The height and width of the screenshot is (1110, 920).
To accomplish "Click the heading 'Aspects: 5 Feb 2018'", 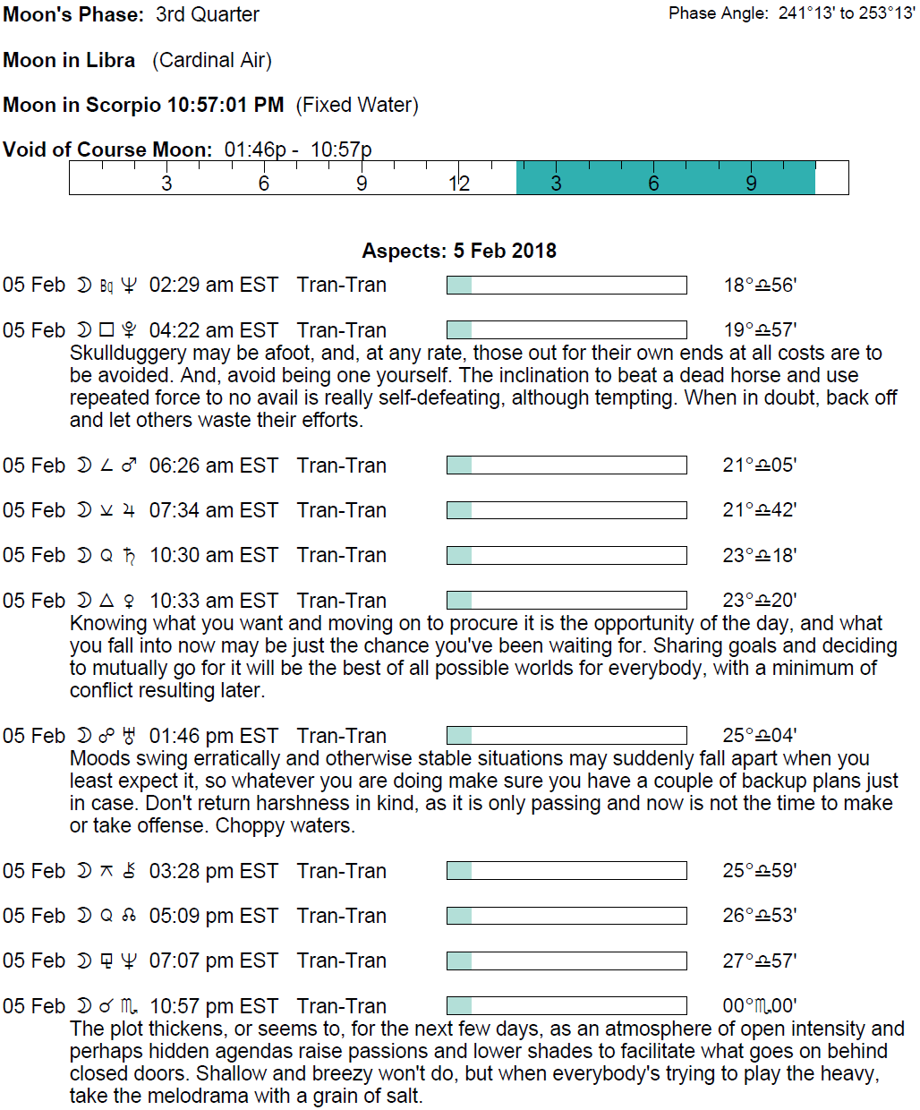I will tap(459, 251).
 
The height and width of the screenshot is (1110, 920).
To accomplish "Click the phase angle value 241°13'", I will tap(807, 13).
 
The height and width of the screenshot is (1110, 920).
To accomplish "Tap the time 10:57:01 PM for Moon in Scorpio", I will tap(226, 105).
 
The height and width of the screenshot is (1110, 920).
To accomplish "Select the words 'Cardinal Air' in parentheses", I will tap(212, 60).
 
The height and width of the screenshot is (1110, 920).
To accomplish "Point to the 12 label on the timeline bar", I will tap(459, 184).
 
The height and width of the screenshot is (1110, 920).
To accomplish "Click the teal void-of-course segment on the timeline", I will tap(665, 178).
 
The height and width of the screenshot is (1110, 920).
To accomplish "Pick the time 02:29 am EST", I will tap(214, 285).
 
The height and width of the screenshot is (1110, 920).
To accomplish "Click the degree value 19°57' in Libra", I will tap(760, 330).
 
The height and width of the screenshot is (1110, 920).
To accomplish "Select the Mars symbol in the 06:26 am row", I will tap(130, 465).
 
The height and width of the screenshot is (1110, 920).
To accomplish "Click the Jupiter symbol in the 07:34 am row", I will tap(130, 510).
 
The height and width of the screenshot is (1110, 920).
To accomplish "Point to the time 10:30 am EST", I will tap(214, 555).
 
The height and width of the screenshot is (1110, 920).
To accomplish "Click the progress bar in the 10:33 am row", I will tap(566, 600).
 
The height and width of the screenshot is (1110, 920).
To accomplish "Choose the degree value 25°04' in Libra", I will tap(760, 736).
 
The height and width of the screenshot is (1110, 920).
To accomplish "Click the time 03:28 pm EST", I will tap(214, 871).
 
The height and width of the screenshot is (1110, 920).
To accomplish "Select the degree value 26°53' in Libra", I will tap(760, 916).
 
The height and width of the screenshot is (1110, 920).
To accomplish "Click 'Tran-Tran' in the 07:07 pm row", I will tap(342, 961).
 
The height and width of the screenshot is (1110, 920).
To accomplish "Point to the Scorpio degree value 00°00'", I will tap(760, 1006).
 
